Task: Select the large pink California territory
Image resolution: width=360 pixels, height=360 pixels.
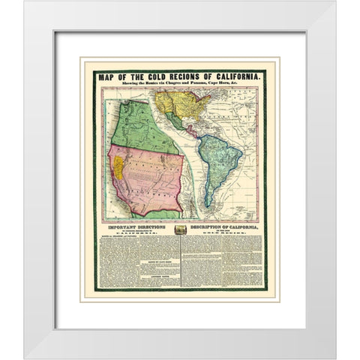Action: coord(150,180)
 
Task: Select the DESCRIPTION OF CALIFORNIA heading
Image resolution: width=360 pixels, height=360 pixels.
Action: coord(222,227)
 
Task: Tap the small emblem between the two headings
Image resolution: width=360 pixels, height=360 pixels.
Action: coord(179,232)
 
